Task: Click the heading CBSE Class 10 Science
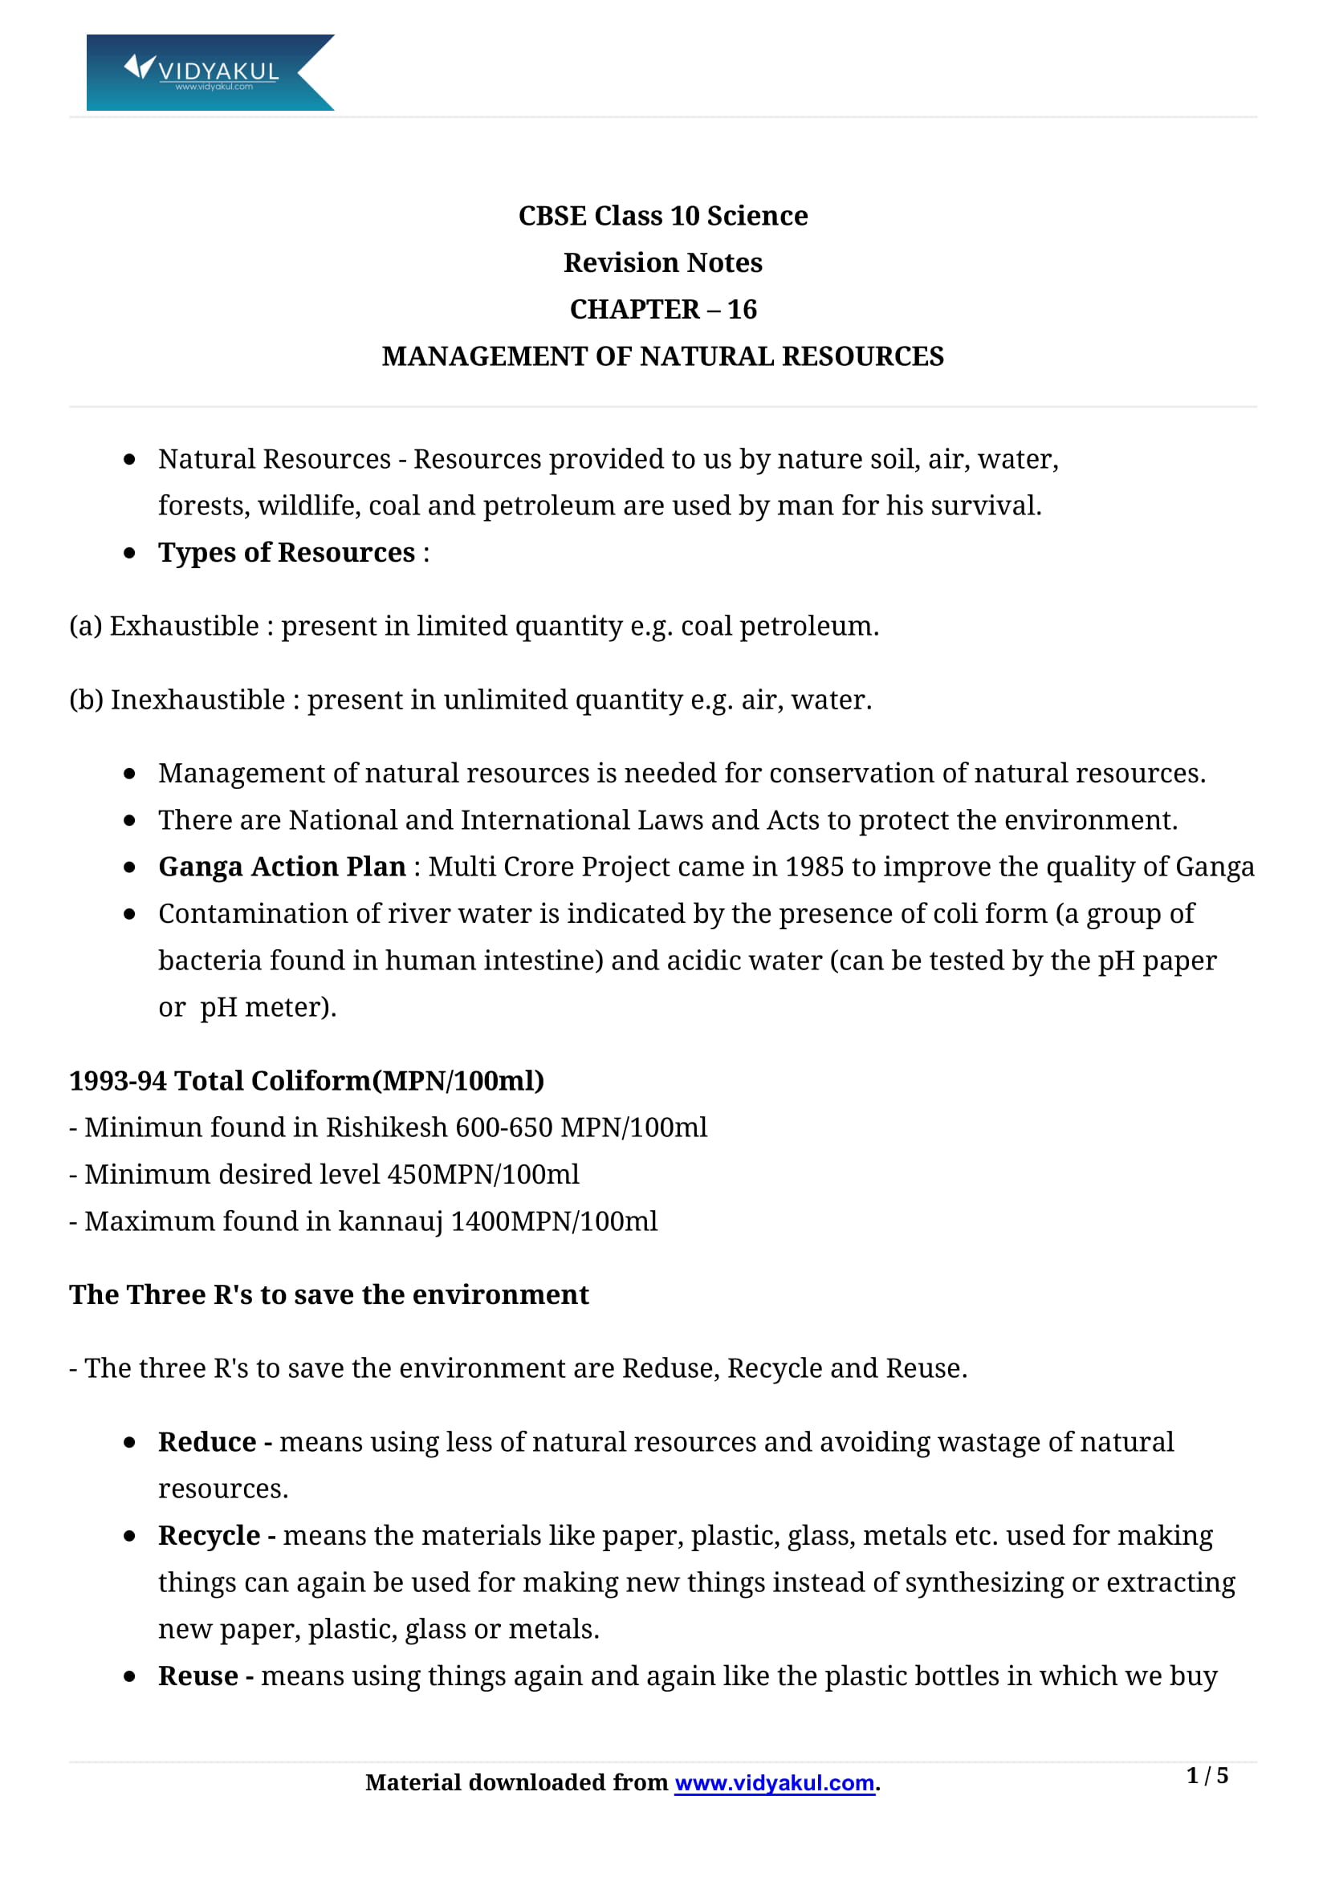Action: point(662,216)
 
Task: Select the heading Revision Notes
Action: point(662,263)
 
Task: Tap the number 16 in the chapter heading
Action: point(742,310)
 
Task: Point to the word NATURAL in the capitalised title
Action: point(706,356)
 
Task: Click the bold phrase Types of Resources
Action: point(286,553)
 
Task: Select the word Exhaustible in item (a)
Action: point(184,626)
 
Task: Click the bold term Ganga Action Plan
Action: point(282,867)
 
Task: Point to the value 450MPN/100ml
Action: point(482,1174)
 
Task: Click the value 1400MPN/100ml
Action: point(554,1221)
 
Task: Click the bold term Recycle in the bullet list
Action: point(210,1536)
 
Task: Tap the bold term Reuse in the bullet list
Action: point(197,1676)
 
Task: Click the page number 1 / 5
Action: point(1207,1776)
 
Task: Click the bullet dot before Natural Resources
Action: point(129,460)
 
